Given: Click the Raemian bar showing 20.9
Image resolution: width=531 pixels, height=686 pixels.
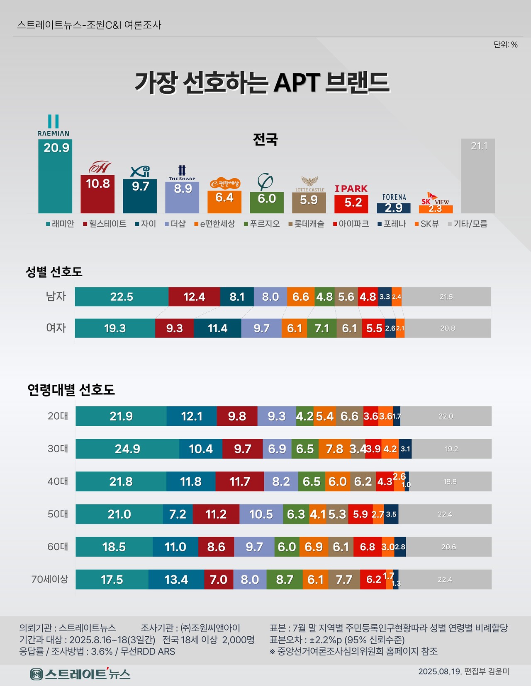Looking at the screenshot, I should [x=55, y=176].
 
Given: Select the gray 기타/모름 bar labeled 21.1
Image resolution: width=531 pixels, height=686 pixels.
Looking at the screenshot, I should [x=478, y=176].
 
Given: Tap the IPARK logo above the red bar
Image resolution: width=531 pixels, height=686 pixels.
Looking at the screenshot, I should [x=351, y=188].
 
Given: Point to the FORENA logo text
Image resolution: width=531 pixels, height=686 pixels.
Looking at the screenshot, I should [x=394, y=197].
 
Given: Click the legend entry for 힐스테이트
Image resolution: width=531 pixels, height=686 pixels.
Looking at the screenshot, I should [x=105, y=224].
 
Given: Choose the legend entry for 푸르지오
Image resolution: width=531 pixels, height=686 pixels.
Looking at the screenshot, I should [x=262, y=224].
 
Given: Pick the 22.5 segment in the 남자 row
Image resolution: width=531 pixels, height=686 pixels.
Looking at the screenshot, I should [x=122, y=297].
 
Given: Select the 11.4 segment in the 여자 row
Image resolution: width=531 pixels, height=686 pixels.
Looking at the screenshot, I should [x=217, y=328].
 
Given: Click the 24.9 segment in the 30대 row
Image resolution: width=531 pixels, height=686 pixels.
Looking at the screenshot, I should [x=127, y=449].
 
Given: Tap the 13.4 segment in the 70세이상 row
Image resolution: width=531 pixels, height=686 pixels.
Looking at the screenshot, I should [x=176, y=579].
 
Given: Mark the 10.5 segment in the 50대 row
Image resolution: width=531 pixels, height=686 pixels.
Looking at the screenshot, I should [x=261, y=514].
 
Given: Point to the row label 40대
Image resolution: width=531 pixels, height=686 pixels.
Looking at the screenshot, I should [x=58, y=481].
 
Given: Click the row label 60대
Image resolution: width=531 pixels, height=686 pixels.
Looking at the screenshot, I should [x=58, y=547].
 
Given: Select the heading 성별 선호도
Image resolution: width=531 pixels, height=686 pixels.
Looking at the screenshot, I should [x=54, y=272].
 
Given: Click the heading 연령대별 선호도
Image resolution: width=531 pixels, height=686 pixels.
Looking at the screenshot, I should [x=71, y=389].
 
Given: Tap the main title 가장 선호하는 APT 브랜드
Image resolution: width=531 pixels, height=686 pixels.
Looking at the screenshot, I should [x=262, y=82].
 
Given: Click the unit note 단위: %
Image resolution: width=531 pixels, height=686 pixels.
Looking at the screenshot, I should [x=505, y=45].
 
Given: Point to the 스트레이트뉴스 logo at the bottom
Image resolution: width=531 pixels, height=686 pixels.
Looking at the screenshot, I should [x=80, y=674].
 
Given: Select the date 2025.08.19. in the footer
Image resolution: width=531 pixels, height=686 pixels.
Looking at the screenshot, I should [x=440, y=672].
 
